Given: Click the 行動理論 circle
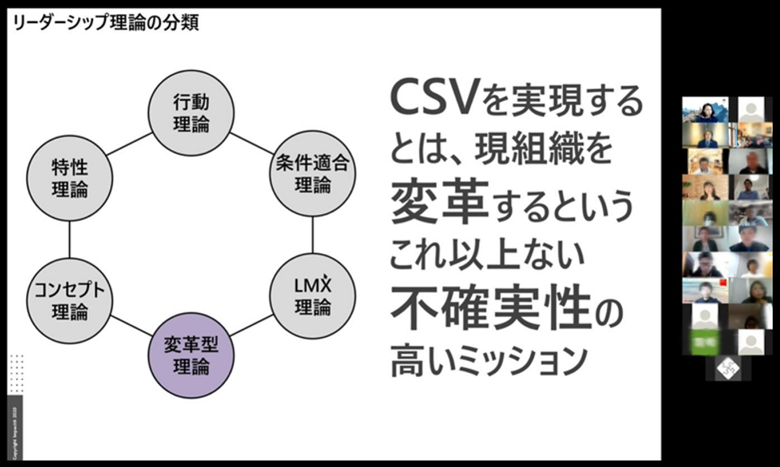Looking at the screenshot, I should click(191, 113).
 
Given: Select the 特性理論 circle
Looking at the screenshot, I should click(70, 178).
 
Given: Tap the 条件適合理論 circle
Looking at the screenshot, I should click(312, 174).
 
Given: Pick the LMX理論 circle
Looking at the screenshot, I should click(312, 296).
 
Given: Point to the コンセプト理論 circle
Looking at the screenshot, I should click(70, 301).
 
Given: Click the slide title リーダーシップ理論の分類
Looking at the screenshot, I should click(106, 23).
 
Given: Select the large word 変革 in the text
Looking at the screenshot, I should click(439, 203).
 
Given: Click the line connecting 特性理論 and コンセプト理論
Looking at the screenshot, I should click(70, 239).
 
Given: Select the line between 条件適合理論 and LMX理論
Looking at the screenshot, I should click(313, 235).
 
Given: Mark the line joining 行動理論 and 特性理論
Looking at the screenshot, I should click(130, 144).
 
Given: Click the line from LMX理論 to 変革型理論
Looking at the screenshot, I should click(252, 326).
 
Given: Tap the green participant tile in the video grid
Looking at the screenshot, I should click(704, 343).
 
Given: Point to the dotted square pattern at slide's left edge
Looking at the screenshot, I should click(17, 373).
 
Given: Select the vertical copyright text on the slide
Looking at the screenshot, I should click(15, 430).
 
